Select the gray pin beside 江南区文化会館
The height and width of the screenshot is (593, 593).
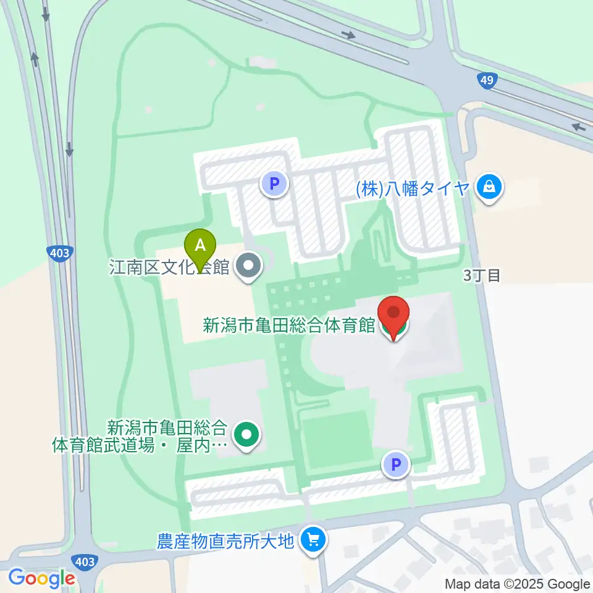250,267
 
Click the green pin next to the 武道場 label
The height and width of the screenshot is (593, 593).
247,434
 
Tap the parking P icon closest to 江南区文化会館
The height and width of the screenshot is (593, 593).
275,183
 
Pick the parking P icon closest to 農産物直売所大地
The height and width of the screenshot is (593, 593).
396,465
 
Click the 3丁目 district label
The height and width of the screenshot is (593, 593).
482,275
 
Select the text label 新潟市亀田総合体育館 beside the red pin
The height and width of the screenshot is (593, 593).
289,326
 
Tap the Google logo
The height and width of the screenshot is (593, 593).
41,578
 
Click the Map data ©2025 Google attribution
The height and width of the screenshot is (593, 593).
518,584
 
